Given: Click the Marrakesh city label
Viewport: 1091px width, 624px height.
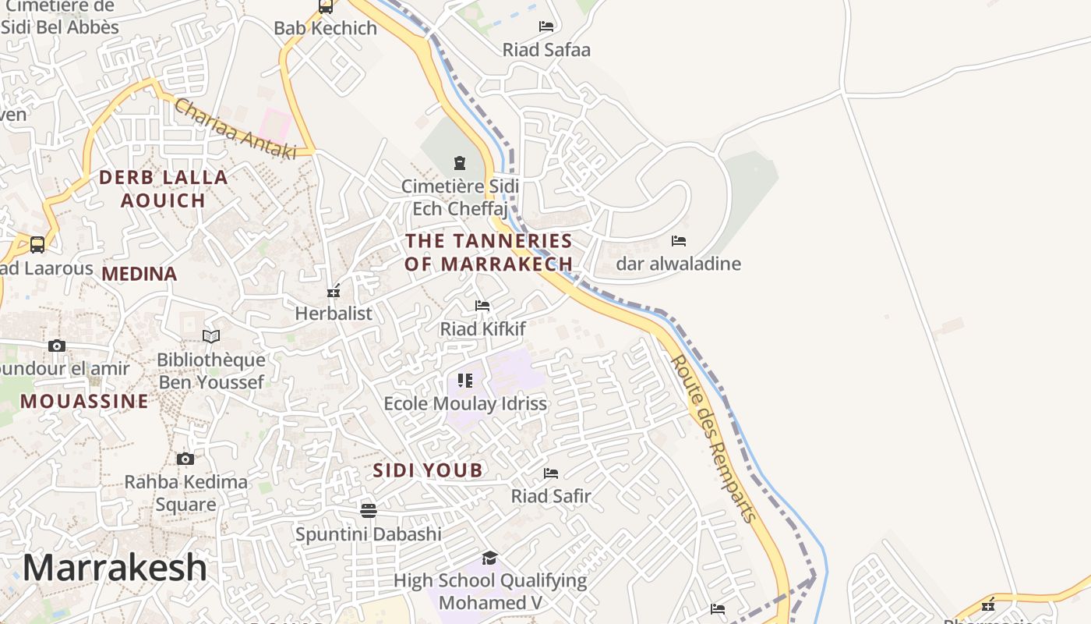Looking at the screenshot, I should pyautogui.click(x=115, y=568).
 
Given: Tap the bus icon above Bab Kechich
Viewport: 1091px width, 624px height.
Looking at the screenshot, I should pyautogui.click(x=325, y=7).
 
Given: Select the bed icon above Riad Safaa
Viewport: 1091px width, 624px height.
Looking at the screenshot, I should pyautogui.click(x=546, y=27).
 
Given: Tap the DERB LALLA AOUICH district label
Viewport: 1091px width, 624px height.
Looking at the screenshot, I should pyautogui.click(x=164, y=189).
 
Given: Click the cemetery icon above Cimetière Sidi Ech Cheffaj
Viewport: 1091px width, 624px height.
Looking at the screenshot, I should pyautogui.click(x=459, y=163).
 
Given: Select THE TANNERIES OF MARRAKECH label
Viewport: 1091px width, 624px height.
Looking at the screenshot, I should pyautogui.click(x=489, y=252).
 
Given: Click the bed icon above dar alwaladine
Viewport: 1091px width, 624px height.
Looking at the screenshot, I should pyautogui.click(x=679, y=241).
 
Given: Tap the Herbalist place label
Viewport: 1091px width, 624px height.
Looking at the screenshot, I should pyautogui.click(x=334, y=314).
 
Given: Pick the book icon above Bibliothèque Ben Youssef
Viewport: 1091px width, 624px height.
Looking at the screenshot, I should pyautogui.click(x=211, y=336).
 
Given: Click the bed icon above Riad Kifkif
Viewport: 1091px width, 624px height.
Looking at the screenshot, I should pyautogui.click(x=482, y=306).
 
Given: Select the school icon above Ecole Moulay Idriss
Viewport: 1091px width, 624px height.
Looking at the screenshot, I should pyautogui.click(x=465, y=381).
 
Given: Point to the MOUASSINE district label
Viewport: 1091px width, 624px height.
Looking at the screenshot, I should pyautogui.click(x=84, y=402).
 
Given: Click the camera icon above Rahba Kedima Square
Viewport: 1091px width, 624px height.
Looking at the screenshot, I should pyautogui.click(x=185, y=459).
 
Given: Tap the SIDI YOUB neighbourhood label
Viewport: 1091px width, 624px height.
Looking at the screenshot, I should pyautogui.click(x=428, y=470).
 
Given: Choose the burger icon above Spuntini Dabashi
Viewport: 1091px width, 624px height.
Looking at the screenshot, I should pyautogui.click(x=369, y=511).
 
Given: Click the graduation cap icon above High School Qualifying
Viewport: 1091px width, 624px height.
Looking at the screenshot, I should pyautogui.click(x=489, y=558).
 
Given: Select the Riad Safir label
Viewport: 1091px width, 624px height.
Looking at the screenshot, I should pyautogui.click(x=551, y=496).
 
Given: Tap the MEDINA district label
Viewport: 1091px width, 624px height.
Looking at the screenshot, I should pyautogui.click(x=139, y=274).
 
